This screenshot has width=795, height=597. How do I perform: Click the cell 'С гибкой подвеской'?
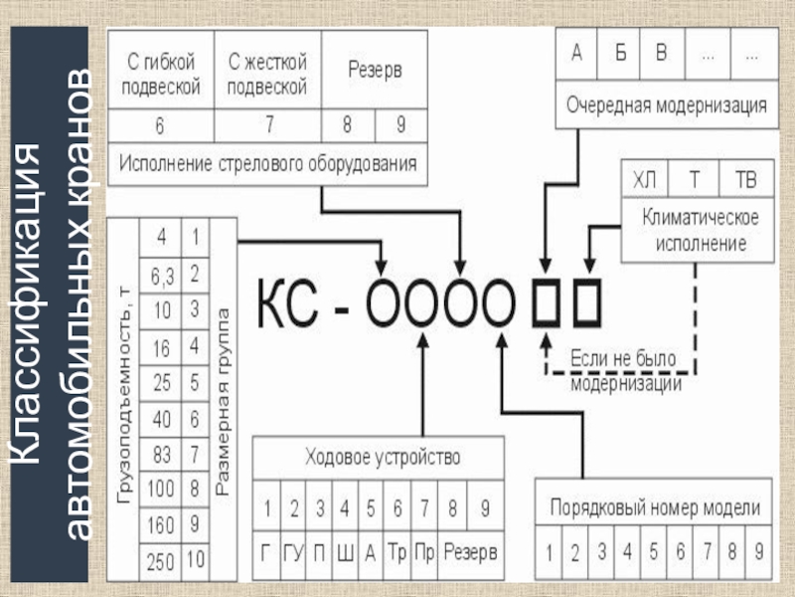pos(161,76)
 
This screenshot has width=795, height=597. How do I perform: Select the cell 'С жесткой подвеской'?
pos(267,76)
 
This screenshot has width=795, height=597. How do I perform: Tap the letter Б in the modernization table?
pos(620,55)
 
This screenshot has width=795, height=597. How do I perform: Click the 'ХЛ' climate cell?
pos(645,181)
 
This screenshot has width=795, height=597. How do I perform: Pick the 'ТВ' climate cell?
pos(744,181)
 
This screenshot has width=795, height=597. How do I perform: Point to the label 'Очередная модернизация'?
pos(666,104)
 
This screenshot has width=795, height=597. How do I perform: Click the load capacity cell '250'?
pos(160,562)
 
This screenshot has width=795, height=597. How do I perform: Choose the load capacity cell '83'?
pos(160,454)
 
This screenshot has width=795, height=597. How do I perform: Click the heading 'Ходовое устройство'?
pos(382,459)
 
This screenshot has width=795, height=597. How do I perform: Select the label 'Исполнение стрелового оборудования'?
pos(267,161)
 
